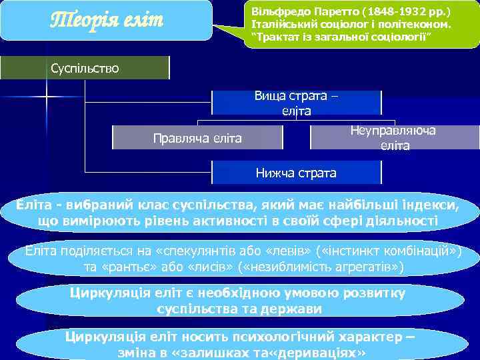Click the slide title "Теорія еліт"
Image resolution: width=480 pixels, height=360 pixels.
pos(107,19)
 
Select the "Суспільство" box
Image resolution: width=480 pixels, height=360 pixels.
pos(85,68)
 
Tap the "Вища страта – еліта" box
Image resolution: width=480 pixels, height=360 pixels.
pos(296,103)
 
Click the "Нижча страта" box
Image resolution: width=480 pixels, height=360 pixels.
pos(296,173)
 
